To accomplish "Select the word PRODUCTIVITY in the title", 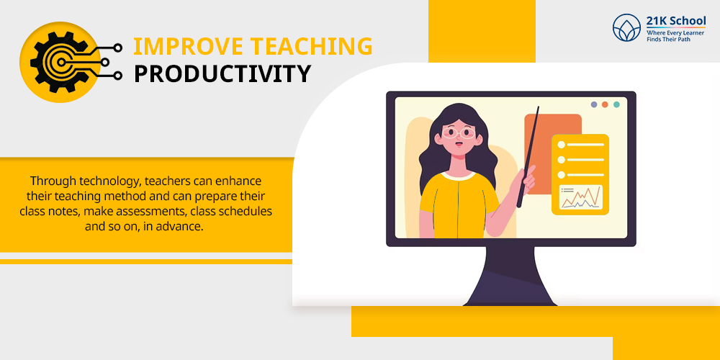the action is point(222,74).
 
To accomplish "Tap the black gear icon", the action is point(60,62).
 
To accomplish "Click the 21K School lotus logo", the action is point(626,27).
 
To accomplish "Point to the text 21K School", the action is point(676,21).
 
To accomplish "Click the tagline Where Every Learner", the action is point(675,32).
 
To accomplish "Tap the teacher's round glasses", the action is point(458,133).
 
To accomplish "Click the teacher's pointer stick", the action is point(528,157).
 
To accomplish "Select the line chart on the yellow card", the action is point(580,197).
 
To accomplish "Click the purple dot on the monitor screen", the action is point(594,104).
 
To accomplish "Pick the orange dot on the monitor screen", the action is point(605,104).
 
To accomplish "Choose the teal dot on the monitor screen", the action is point(616,104).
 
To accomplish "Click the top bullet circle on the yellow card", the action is point(561,145).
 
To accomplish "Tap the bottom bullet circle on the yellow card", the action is point(561,175).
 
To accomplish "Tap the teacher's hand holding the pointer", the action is point(527,181).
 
